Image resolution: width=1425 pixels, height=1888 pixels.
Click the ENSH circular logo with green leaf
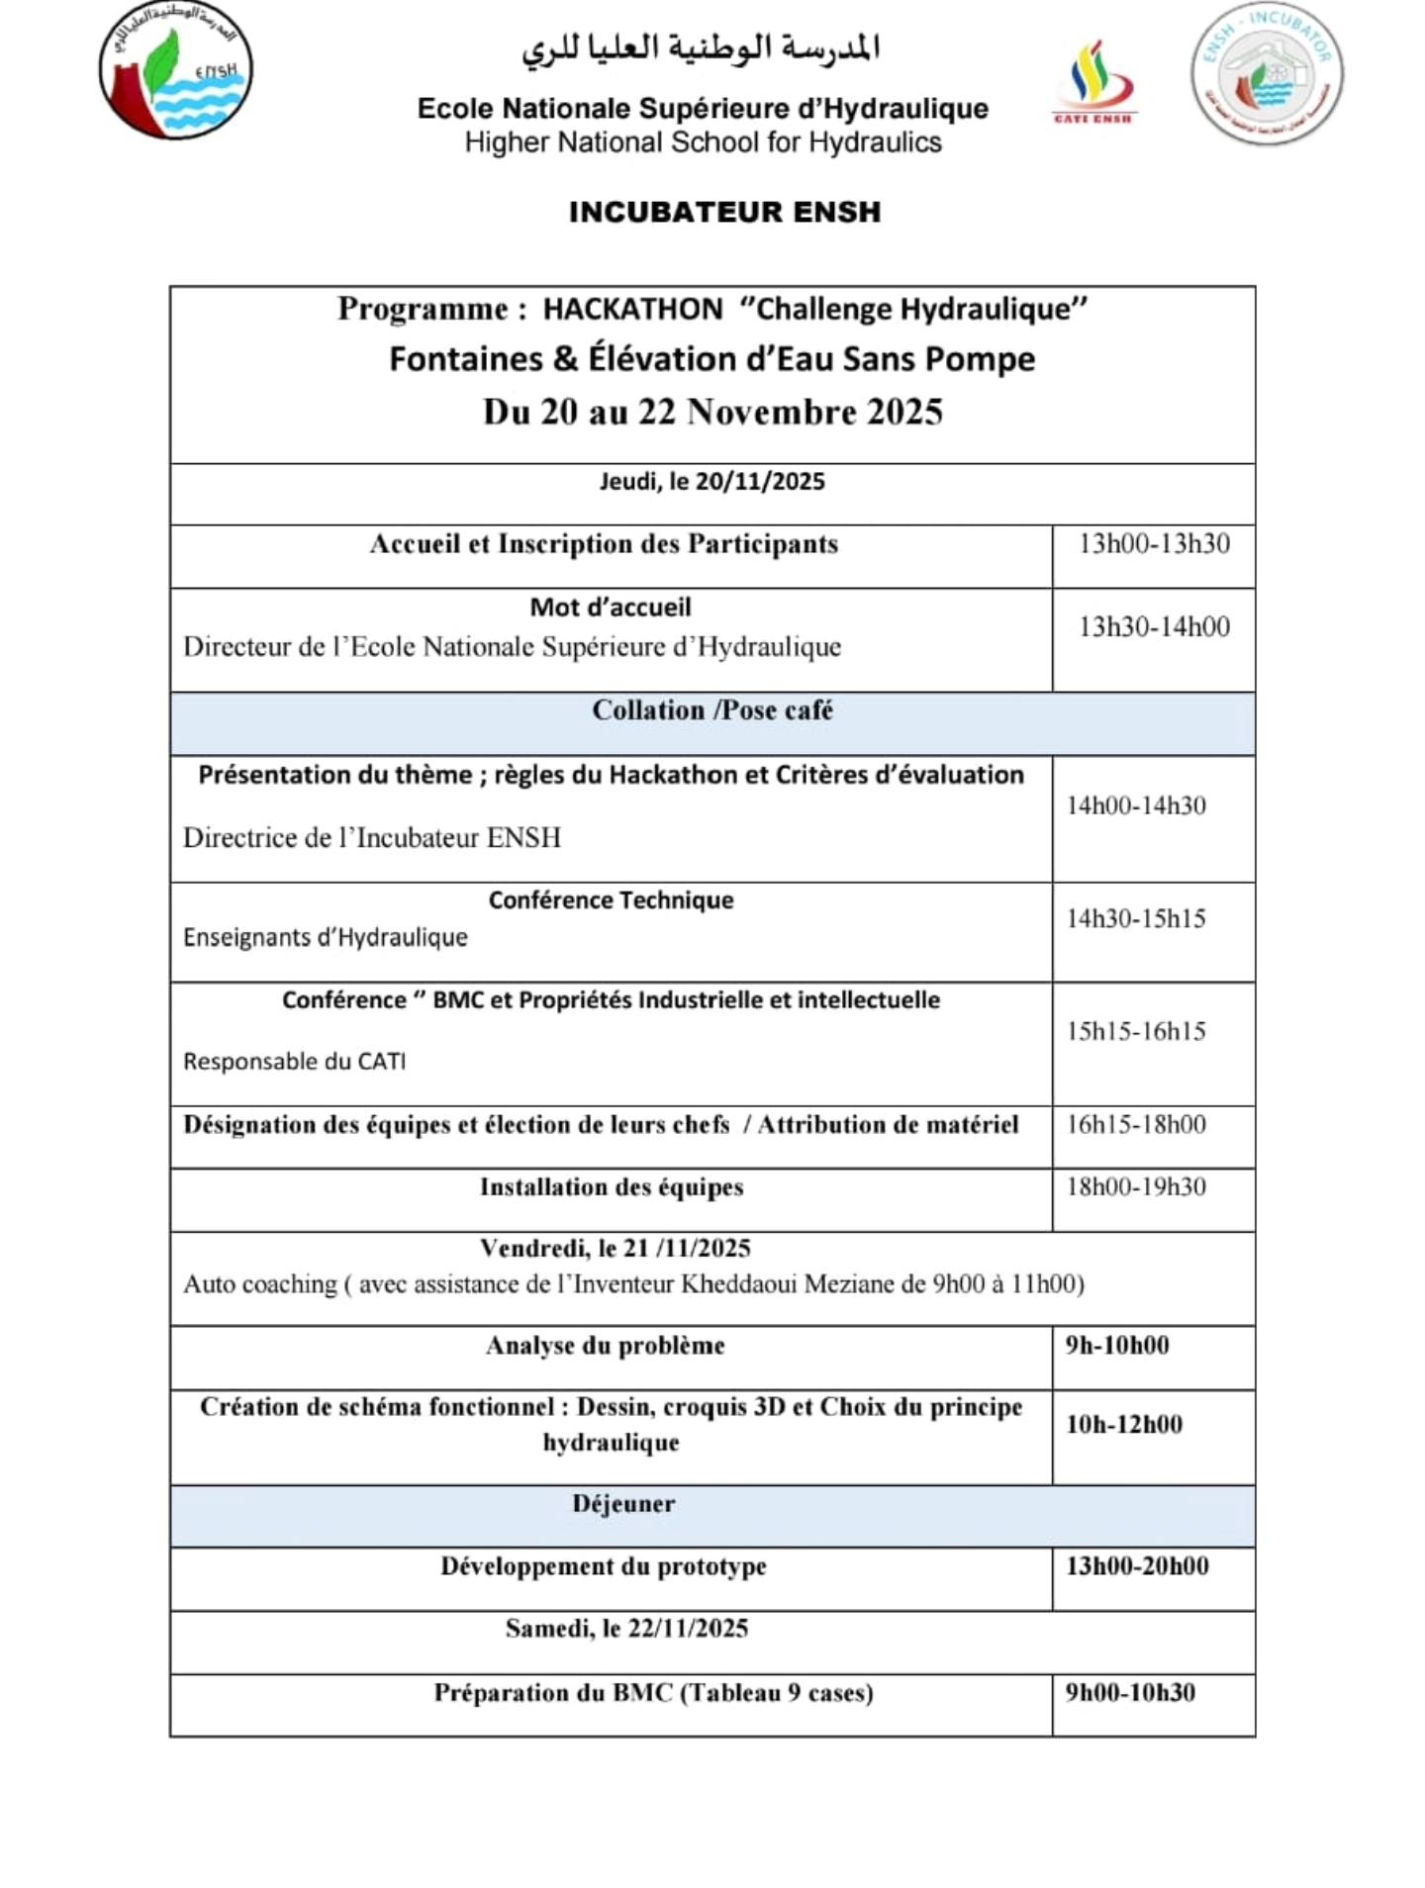(176, 70)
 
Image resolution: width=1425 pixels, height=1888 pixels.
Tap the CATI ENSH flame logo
(1094, 82)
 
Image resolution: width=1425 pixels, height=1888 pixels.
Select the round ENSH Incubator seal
(1267, 74)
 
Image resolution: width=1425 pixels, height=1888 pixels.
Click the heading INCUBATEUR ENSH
(724, 212)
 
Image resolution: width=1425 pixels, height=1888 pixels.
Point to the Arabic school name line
(702, 49)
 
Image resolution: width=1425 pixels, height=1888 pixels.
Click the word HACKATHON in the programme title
(632, 310)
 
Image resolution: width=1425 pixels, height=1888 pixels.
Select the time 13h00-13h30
(1154, 544)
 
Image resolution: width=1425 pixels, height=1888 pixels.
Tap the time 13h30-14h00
(1154, 627)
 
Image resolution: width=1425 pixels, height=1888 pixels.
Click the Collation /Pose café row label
(712, 710)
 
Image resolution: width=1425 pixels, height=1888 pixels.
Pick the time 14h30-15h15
(1136, 919)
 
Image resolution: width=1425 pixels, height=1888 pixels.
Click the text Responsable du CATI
(295, 1062)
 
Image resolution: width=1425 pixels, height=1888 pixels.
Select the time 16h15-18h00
(1136, 1125)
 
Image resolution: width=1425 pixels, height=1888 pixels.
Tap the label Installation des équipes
(612, 1187)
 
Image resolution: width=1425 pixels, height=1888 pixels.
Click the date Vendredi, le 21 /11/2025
(615, 1249)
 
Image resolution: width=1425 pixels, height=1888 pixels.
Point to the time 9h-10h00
(1117, 1346)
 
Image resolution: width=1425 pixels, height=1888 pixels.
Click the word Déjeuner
(623, 1504)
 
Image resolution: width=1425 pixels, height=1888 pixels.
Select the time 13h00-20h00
(1137, 1566)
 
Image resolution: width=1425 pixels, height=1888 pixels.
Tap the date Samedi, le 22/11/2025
(626, 1629)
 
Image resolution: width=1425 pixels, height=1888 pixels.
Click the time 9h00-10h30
(1130, 1693)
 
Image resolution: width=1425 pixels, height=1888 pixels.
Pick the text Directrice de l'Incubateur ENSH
(372, 838)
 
